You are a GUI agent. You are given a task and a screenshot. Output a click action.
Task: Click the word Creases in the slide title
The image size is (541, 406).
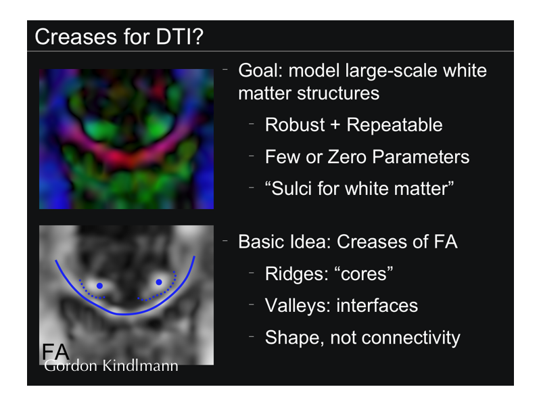point(76,37)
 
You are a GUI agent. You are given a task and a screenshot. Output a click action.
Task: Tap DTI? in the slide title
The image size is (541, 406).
point(180,37)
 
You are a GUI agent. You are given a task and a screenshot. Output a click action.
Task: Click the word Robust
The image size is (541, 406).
point(295,125)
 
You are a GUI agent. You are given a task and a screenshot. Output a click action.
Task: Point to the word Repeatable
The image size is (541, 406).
point(394,125)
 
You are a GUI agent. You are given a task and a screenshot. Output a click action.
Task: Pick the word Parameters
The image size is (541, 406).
point(421,157)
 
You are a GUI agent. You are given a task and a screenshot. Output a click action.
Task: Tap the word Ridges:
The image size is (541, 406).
point(297,274)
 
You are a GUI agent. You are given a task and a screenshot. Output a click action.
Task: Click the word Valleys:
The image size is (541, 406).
point(298,306)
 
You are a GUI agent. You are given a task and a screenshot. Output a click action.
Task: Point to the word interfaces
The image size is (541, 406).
point(377,306)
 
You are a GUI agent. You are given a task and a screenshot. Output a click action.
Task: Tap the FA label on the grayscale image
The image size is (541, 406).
point(55,352)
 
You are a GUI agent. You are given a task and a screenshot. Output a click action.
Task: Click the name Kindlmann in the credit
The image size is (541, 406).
point(140,365)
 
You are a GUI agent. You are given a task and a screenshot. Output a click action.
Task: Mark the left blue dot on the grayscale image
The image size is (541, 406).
point(99,286)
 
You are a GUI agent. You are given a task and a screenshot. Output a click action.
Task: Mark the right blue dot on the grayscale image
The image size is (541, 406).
point(159,282)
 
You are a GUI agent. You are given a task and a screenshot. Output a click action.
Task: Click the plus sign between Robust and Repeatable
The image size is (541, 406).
point(335,126)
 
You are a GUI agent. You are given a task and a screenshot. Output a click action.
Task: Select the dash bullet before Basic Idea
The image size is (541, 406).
point(225,240)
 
